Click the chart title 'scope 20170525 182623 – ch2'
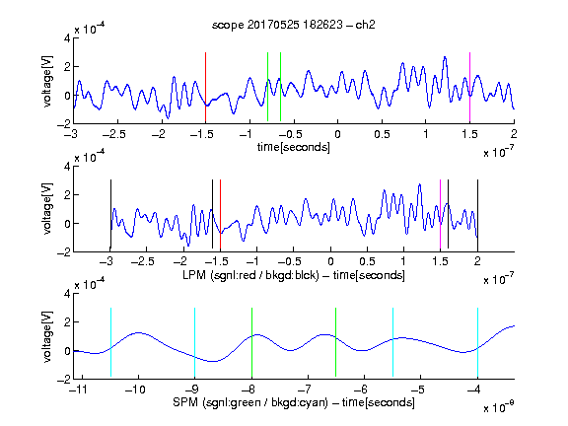tap(294, 25)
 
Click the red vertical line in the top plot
tap(205, 87)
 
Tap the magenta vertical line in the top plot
tap(469, 87)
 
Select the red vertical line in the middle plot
tap(220, 214)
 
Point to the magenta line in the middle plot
tap(440, 214)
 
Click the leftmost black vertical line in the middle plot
tap(110, 214)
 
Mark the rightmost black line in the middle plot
tap(477, 214)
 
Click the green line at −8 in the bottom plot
tap(251, 342)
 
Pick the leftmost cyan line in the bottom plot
tap(110, 342)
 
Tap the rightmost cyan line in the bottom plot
tap(477, 342)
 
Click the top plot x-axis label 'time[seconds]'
tap(294, 147)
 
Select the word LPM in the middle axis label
tap(194, 275)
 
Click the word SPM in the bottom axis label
tap(185, 402)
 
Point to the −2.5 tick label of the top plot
tap(114, 134)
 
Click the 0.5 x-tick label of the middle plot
tap(367, 261)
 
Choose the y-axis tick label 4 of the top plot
tap(67, 38)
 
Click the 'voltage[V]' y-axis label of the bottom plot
tap(47, 336)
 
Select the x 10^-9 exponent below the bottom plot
tap(499, 407)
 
